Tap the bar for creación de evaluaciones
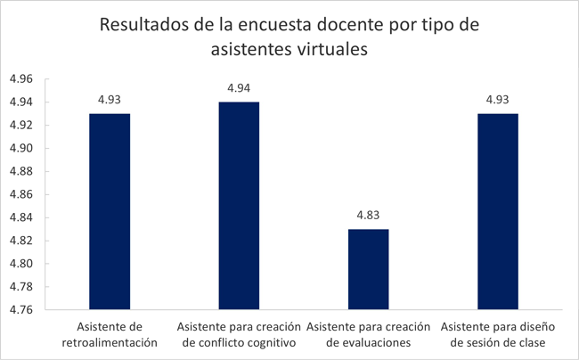coord(368,270)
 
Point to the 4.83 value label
coord(368,215)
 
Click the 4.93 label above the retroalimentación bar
coord(110,99)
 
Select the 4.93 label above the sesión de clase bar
coord(497,99)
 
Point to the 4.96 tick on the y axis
coord(20,79)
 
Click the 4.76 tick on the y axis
coord(20,310)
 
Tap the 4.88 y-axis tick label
coord(20,172)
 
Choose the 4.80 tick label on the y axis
coord(20,264)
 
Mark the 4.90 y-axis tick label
coord(20,149)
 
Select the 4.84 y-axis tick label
coord(20,217)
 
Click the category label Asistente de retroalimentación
coord(110,333)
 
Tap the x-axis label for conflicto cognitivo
coord(239,333)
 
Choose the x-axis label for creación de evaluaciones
coord(368,333)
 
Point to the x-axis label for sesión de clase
coord(497,333)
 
